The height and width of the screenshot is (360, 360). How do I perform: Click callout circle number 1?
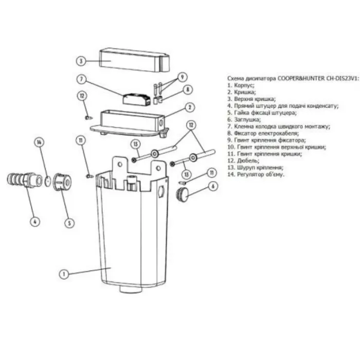point(64,274)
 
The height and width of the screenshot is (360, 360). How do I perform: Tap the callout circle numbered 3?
point(81,61)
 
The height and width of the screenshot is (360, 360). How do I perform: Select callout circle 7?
point(81,79)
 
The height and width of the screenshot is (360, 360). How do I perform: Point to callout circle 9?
point(183,77)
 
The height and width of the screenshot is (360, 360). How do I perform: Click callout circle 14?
point(39,142)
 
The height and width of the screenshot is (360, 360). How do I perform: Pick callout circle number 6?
point(213,186)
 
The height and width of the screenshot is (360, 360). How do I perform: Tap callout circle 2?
point(190,107)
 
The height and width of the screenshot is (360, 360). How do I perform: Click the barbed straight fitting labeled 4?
point(24,179)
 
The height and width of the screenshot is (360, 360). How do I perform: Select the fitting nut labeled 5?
point(62,182)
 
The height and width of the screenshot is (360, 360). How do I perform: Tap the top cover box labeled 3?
point(135,60)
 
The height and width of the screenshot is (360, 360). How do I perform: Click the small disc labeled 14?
point(48,181)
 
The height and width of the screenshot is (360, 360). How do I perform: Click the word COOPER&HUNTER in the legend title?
point(301,78)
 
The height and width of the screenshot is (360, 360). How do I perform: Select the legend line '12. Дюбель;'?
point(243,160)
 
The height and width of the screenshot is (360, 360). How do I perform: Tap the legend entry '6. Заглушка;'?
point(244,119)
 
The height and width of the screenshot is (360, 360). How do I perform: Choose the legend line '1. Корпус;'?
point(241,85)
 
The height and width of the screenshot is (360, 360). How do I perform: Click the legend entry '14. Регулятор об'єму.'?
point(256,174)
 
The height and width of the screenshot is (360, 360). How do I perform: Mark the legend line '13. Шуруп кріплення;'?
point(255,167)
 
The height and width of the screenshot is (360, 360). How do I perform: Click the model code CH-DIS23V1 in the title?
point(341,78)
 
